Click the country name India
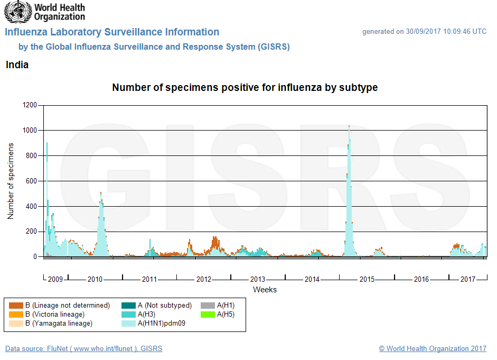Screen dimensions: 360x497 17,65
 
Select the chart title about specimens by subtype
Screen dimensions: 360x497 245,88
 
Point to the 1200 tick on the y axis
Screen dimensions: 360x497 30,105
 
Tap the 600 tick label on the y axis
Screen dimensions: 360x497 32,181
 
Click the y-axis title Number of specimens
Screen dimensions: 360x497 11,181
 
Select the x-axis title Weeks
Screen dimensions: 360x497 265,290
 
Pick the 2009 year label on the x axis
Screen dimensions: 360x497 55,279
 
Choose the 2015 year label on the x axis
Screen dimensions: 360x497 367,279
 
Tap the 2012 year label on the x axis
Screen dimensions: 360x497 204,279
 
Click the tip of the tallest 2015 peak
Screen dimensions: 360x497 349,126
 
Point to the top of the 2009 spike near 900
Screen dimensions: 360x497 47,143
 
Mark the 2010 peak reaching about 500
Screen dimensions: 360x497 101,193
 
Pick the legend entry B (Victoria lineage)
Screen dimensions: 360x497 58,315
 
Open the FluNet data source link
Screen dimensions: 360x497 83,349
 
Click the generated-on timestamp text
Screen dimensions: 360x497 424,32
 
